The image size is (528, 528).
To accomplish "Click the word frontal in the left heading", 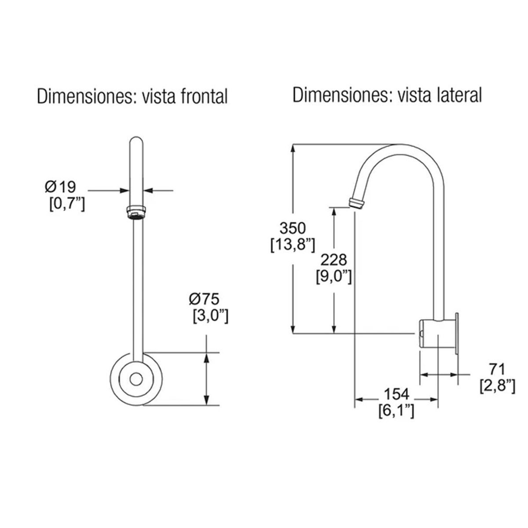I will coord(202,96).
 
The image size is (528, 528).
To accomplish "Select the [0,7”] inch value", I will coord(66,204).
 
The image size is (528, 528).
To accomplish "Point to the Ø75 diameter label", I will coord(204,299).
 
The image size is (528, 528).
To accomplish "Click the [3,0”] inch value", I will coord(210,316).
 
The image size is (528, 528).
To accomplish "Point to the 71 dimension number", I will coord(497,369).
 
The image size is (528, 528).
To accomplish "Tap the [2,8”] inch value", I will coord(497,385).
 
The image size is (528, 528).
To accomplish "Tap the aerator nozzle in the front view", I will coord(136,212).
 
